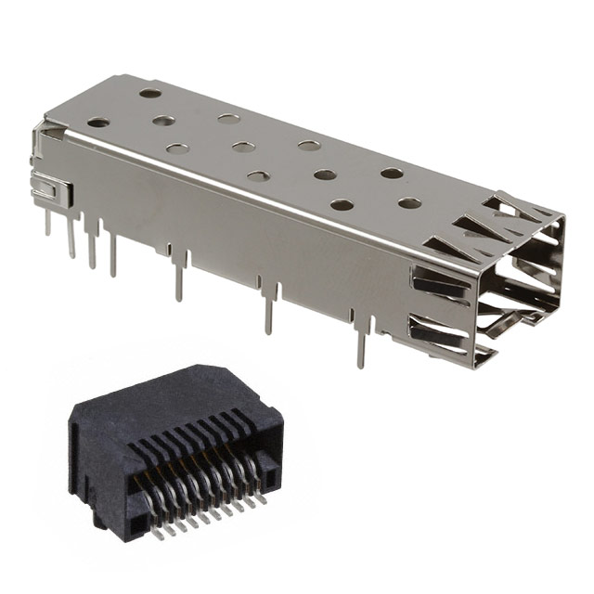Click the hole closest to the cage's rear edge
(150, 93)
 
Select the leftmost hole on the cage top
(97, 122)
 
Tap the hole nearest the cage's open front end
(409, 202)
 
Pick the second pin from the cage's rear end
(71, 239)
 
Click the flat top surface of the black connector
(186, 391)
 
